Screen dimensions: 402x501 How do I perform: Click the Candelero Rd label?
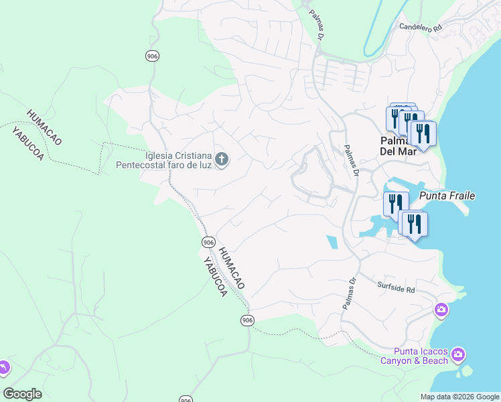[421, 28]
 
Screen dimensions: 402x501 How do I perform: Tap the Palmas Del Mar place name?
[399, 145]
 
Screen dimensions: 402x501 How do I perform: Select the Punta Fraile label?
[447, 196]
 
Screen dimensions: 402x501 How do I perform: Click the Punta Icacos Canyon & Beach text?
[415, 356]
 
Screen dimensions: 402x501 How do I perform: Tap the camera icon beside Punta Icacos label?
[458, 354]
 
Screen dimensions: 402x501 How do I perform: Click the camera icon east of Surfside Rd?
[441, 309]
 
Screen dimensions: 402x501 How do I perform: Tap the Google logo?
[22, 394]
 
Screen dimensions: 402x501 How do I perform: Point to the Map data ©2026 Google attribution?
[459, 397]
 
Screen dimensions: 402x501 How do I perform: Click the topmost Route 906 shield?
[152, 56]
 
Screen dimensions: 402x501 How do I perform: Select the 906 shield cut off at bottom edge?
[186, 399]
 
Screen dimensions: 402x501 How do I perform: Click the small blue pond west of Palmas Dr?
[332, 242]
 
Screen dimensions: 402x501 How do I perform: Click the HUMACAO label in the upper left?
[44, 127]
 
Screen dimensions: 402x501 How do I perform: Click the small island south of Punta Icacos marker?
[465, 370]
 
